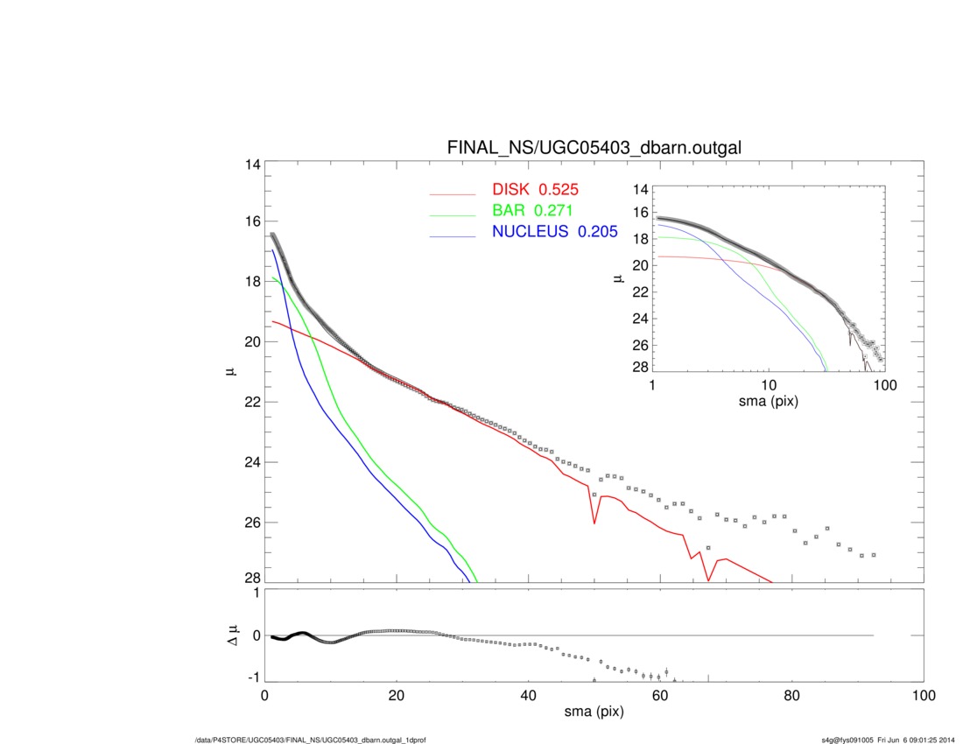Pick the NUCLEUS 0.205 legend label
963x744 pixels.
[x=554, y=232]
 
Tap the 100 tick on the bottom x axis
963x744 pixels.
[x=922, y=696]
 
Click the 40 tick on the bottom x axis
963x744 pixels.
[x=528, y=696]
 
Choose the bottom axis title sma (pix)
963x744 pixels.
[x=594, y=712]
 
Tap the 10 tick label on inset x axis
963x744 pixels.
[x=769, y=386]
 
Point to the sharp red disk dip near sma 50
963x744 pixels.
[x=594, y=523]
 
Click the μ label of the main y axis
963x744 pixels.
[x=229, y=372]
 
